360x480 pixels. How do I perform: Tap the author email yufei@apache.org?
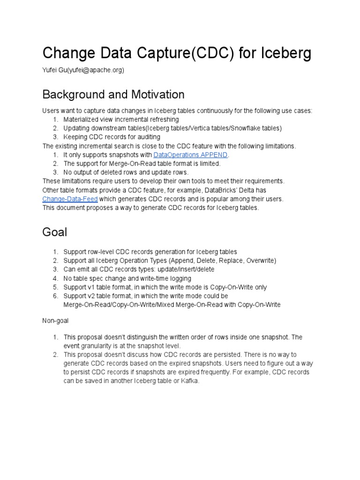click(96, 70)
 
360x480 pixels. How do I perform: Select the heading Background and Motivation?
click(113, 94)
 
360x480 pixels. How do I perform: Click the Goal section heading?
click(55, 232)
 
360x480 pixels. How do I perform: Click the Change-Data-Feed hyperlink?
click(70, 199)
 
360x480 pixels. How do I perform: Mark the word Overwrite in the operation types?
click(259, 261)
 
